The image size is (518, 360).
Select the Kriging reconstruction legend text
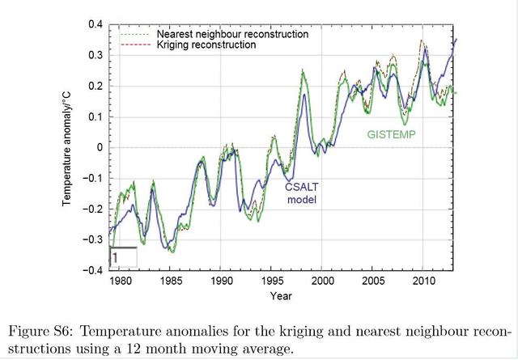click(x=206, y=45)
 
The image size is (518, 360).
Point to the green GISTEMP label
click(x=392, y=134)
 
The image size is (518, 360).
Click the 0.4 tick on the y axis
click(x=95, y=25)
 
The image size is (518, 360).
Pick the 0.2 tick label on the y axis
click(x=95, y=87)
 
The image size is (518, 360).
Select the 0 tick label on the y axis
click(x=100, y=148)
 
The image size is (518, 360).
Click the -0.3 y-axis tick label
click(x=93, y=240)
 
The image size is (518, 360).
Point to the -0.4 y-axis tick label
click(x=93, y=271)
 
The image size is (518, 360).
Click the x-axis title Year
click(x=282, y=296)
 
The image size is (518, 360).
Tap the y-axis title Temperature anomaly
click(x=70, y=148)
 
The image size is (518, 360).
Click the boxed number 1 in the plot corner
click(x=116, y=257)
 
